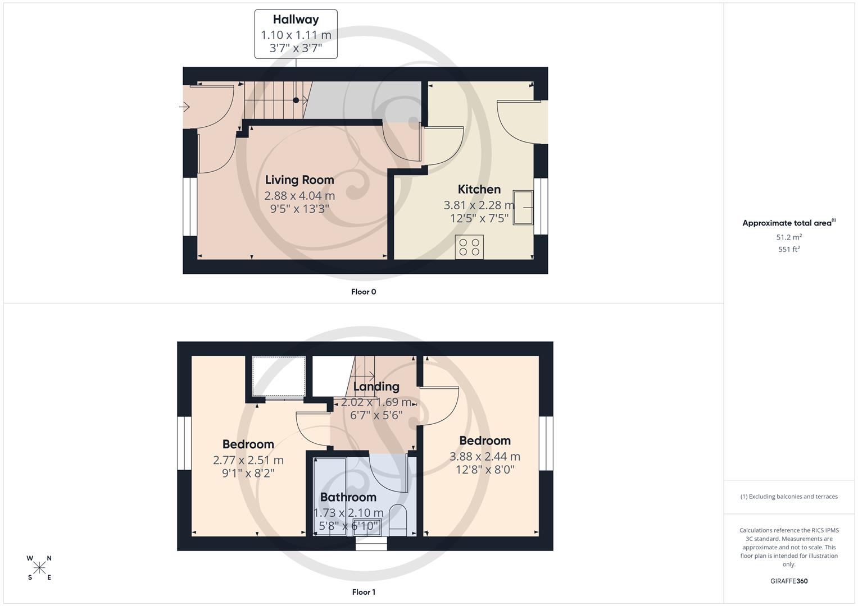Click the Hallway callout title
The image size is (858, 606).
(x=296, y=20)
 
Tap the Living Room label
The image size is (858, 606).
(x=299, y=180)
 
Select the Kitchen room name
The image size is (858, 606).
(x=479, y=190)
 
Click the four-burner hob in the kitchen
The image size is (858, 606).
(x=469, y=247)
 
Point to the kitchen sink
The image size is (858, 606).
(x=523, y=208)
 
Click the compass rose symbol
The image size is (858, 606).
(x=39, y=568)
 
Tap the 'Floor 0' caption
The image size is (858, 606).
(x=364, y=292)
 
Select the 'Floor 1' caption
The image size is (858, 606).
(x=364, y=592)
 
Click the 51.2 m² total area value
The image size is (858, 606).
(x=789, y=237)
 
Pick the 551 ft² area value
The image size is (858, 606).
(x=789, y=250)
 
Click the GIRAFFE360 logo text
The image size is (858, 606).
(x=789, y=581)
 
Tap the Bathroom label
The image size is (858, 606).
(x=348, y=498)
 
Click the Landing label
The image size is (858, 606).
(x=376, y=387)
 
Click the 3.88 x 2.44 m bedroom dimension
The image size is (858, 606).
(x=484, y=457)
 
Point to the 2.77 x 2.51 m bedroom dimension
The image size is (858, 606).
(x=248, y=460)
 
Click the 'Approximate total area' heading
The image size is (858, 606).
(x=788, y=223)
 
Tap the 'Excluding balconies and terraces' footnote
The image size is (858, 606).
(x=789, y=497)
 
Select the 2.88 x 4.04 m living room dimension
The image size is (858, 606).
(x=299, y=196)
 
